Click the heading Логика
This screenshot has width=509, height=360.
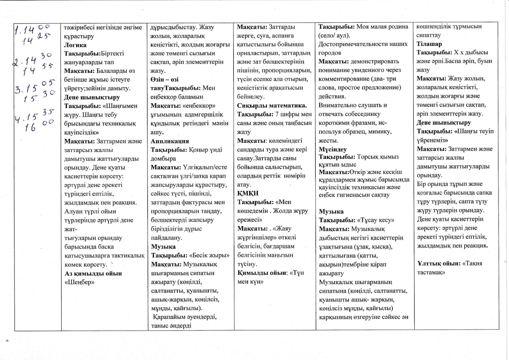pos(75,45)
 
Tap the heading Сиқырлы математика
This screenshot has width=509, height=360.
pos(272,106)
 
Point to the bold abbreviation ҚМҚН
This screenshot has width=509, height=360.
pos(248,193)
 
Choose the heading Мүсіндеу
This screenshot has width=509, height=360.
pos(333,149)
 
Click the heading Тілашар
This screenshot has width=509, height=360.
pos(429,44)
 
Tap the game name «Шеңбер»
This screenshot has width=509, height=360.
pos(80,282)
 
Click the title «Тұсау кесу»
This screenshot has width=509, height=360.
pos(376,220)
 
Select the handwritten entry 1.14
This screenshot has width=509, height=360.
pos(26,31)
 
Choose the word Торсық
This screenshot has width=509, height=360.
pos(367,157)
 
